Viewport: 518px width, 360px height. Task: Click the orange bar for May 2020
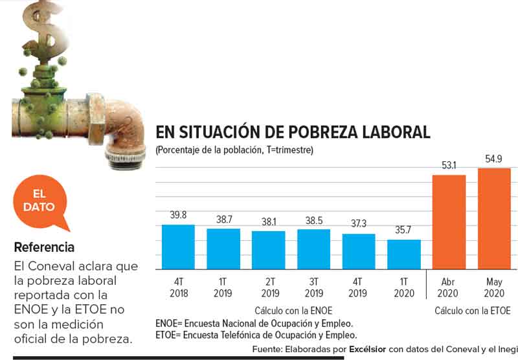(494, 219)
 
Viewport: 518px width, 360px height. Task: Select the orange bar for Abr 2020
(449, 222)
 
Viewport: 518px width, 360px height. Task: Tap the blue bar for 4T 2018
(178, 247)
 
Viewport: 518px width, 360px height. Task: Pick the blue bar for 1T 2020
(404, 254)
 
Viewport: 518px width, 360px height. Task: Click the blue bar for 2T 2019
(268, 250)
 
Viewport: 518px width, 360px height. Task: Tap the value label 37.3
(359, 224)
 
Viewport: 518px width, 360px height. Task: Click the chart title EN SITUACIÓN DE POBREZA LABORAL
(293, 133)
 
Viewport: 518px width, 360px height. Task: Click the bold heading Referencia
(44, 247)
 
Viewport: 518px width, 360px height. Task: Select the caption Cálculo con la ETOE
(472, 310)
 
